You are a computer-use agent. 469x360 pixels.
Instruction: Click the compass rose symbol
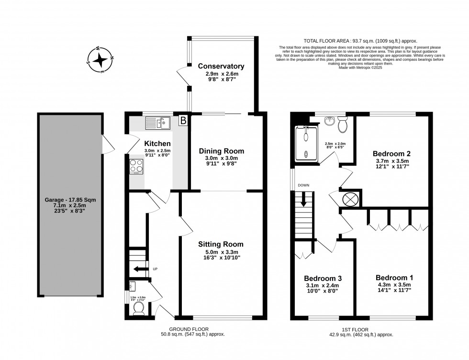(101, 60)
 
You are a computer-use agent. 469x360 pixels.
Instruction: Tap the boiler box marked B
(182, 122)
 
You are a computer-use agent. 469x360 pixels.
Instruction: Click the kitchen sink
(158, 124)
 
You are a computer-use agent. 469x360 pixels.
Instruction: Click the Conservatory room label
(221, 67)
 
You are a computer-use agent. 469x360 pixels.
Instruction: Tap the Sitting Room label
(221, 244)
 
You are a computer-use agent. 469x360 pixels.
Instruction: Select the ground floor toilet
(139, 307)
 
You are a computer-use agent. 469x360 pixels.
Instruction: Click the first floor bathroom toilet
(342, 126)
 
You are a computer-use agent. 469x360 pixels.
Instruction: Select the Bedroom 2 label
(392, 154)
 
